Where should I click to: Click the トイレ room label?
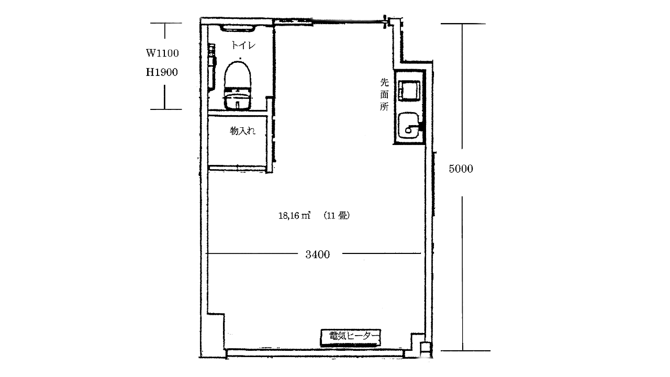243,45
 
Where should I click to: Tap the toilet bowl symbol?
238,75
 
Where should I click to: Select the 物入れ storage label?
242,131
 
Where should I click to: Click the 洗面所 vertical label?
384,94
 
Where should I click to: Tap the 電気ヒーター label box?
351,338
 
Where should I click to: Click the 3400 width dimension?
317,254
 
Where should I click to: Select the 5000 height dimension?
461,169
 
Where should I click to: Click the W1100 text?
162,53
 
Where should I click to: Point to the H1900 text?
162,72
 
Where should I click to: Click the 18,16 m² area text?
294,215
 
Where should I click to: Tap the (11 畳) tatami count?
337,215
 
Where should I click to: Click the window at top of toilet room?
238,28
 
